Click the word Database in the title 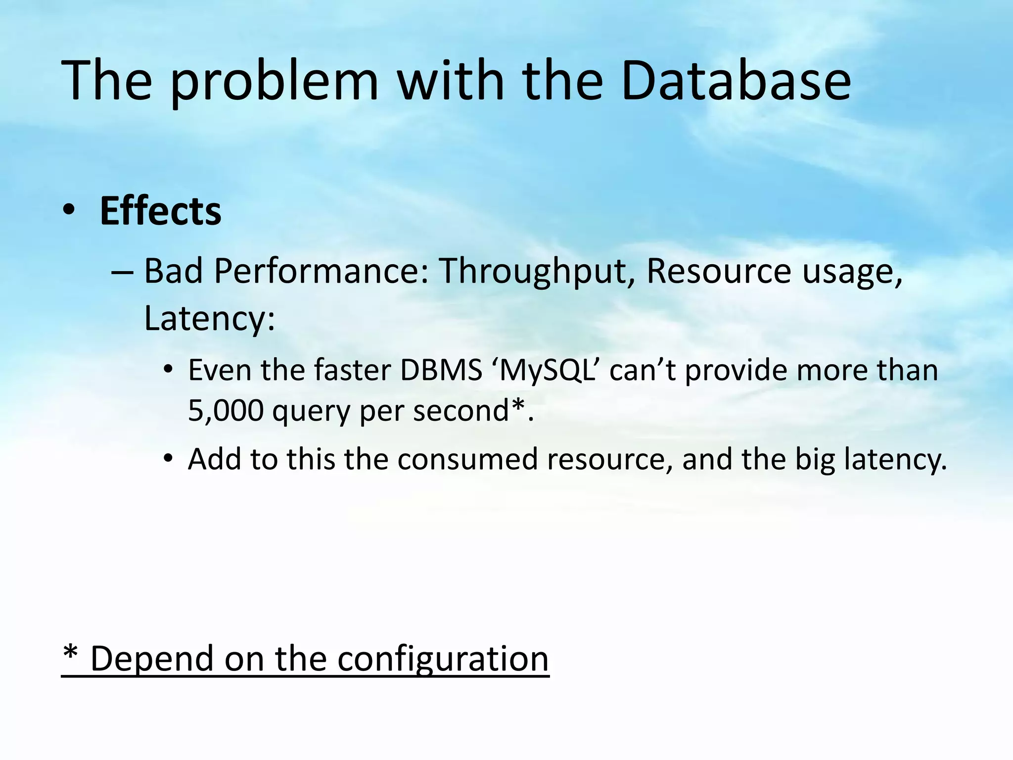tap(736, 80)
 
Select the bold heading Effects tap(160, 211)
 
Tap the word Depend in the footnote tap(153, 659)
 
